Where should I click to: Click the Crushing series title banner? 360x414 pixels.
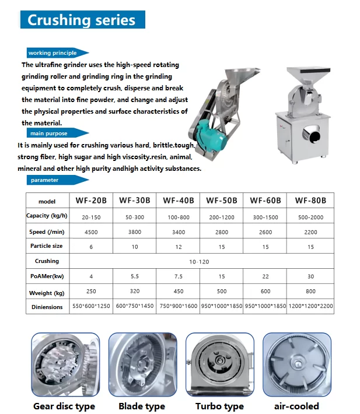coord(82,20)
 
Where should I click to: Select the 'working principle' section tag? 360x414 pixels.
coord(55,53)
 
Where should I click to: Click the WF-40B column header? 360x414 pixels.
coord(179,201)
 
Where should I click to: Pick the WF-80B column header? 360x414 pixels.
coord(310,201)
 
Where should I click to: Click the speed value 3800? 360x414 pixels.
coord(135,231)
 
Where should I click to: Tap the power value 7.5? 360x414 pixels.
coord(179,276)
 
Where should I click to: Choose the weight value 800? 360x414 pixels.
coord(310,291)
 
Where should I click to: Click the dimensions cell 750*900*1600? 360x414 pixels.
coord(179,306)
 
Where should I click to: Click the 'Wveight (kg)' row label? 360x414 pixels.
coord(47,292)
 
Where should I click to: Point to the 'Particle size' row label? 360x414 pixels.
coord(47,247)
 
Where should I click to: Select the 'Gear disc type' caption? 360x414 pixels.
coord(64,406)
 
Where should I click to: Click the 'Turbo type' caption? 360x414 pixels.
coord(219,406)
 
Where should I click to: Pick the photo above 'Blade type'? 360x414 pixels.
coord(142,365)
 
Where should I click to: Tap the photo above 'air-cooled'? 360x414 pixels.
coord(296,365)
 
